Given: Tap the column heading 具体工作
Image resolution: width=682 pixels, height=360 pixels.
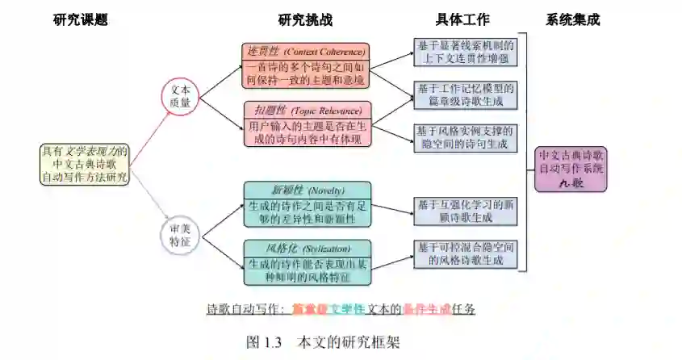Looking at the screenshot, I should click(x=462, y=19).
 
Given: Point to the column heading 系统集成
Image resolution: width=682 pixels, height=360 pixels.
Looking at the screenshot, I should click(x=572, y=19).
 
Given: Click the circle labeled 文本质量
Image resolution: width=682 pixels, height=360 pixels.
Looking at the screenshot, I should click(x=180, y=96).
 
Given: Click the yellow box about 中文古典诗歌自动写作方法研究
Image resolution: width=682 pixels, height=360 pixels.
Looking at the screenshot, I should click(x=85, y=164).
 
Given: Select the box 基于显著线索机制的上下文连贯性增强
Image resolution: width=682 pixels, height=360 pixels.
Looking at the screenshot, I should click(x=463, y=52).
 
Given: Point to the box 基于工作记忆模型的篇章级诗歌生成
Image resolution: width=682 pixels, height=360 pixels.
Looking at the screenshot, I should click(x=463, y=94).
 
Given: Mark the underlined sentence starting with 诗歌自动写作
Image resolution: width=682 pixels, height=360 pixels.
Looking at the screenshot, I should click(x=341, y=308).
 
